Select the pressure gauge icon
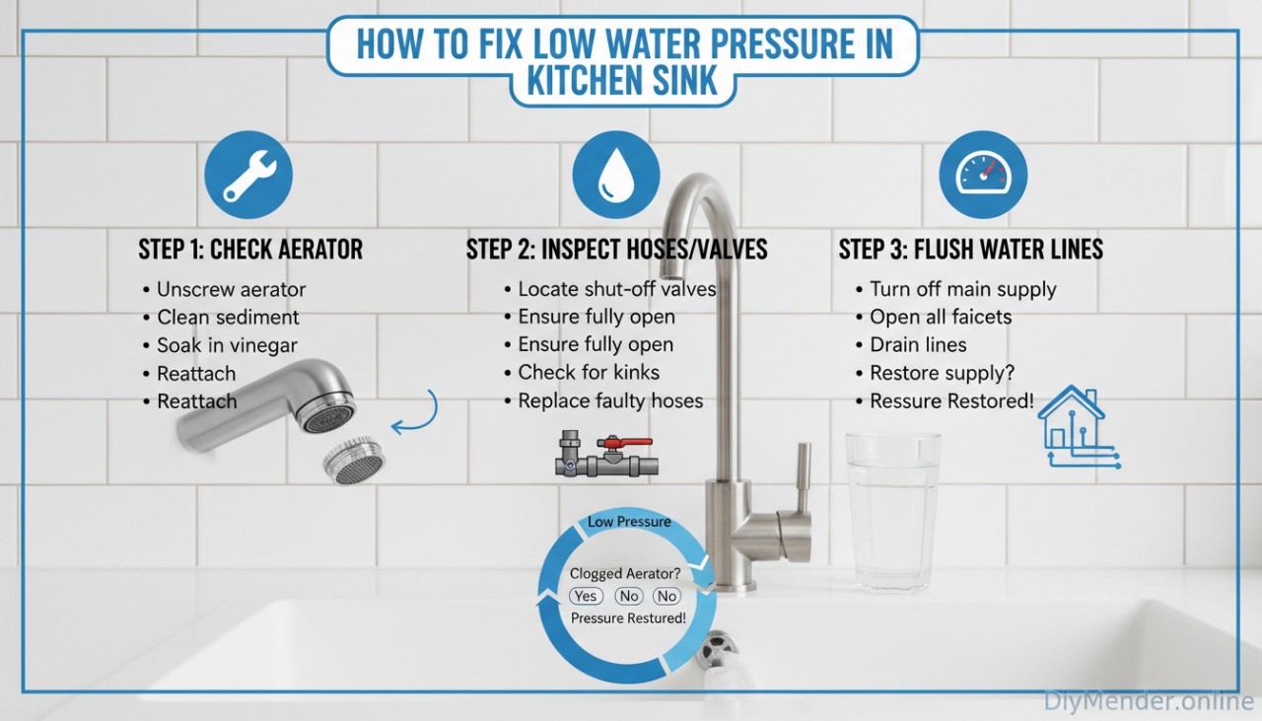pyautogui.click(x=983, y=176)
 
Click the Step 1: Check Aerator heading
pyautogui.click(x=250, y=250)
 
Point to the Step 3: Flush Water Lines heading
pyautogui.click(x=970, y=250)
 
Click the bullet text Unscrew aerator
pyautogui.click(x=231, y=290)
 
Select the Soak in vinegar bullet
pyautogui.click(x=227, y=345)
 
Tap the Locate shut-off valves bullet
pyautogui.click(x=616, y=290)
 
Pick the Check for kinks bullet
pyautogui.click(x=589, y=373)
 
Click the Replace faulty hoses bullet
pyautogui.click(x=610, y=400)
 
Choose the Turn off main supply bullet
pyautogui.click(x=962, y=290)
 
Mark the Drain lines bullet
pyautogui.click(x=918, y=345)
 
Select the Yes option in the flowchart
pyautogui.click(x=586, y=596)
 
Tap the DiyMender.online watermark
pyautogui.click(x=1149, y=701)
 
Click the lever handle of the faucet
pyautogui.click(x=803, y=475)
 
